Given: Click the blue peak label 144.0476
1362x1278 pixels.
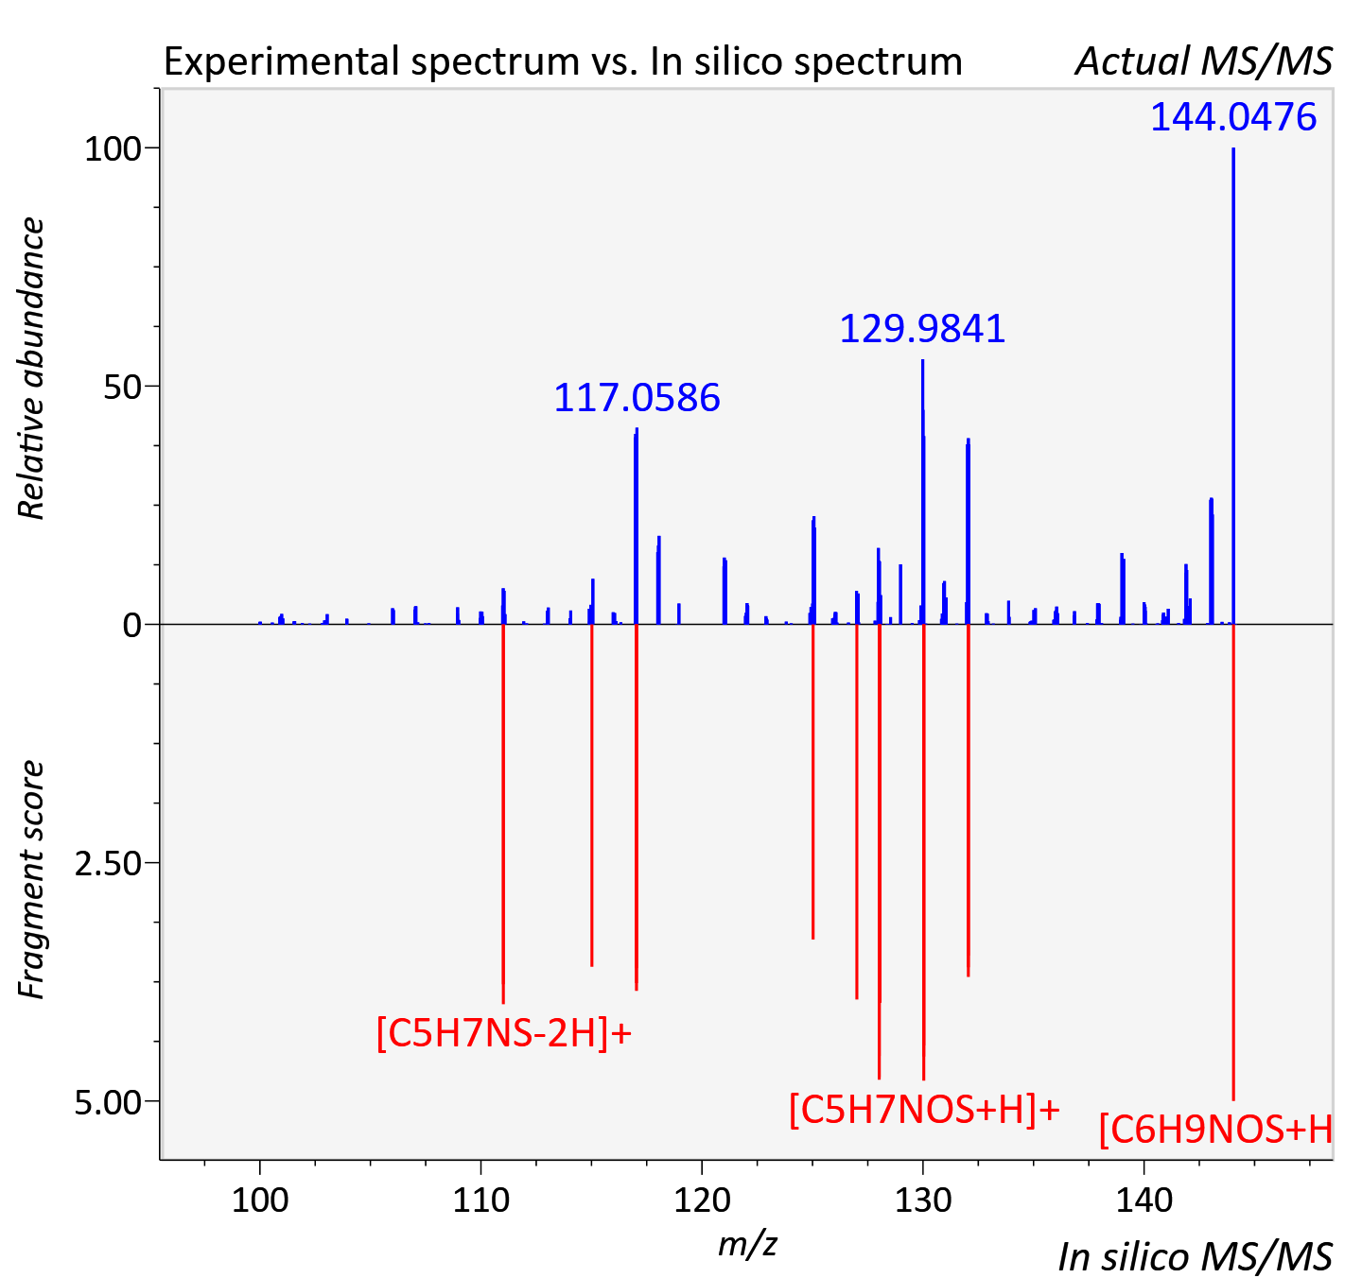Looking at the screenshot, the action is point(1232,117).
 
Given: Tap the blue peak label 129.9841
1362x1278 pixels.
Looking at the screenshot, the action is point(922,329).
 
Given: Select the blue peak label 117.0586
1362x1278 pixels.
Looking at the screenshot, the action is point(637,398).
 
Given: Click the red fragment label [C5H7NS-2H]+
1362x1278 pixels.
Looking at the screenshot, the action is point(504,1033).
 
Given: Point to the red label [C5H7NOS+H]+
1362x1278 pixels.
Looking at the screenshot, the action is point(924,1110).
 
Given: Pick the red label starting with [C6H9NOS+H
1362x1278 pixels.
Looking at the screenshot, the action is point(1216,1130).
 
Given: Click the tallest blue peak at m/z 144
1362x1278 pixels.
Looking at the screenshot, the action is point(1233,386).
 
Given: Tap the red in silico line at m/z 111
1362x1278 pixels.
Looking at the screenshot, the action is point(503,814).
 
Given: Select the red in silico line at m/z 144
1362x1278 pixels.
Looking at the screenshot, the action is point(1233,862).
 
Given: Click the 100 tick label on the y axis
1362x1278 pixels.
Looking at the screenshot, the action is point(113,148).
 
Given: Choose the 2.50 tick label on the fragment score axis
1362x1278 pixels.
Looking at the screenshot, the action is point(108,863).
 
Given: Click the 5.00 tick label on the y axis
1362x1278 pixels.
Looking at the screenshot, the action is point(108,1102).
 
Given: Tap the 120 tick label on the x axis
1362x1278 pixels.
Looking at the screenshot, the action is point(702,1200).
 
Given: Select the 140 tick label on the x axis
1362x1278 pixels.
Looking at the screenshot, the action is point(1144,1200).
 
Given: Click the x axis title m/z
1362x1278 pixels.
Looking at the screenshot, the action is point(747,1242).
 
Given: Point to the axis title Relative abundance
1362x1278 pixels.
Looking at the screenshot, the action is point(31,368).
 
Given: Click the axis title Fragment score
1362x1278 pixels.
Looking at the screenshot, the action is point(31,880).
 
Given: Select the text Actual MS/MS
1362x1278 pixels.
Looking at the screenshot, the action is point(1204,61).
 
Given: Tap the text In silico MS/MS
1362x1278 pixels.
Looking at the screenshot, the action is point(1196,1257).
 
